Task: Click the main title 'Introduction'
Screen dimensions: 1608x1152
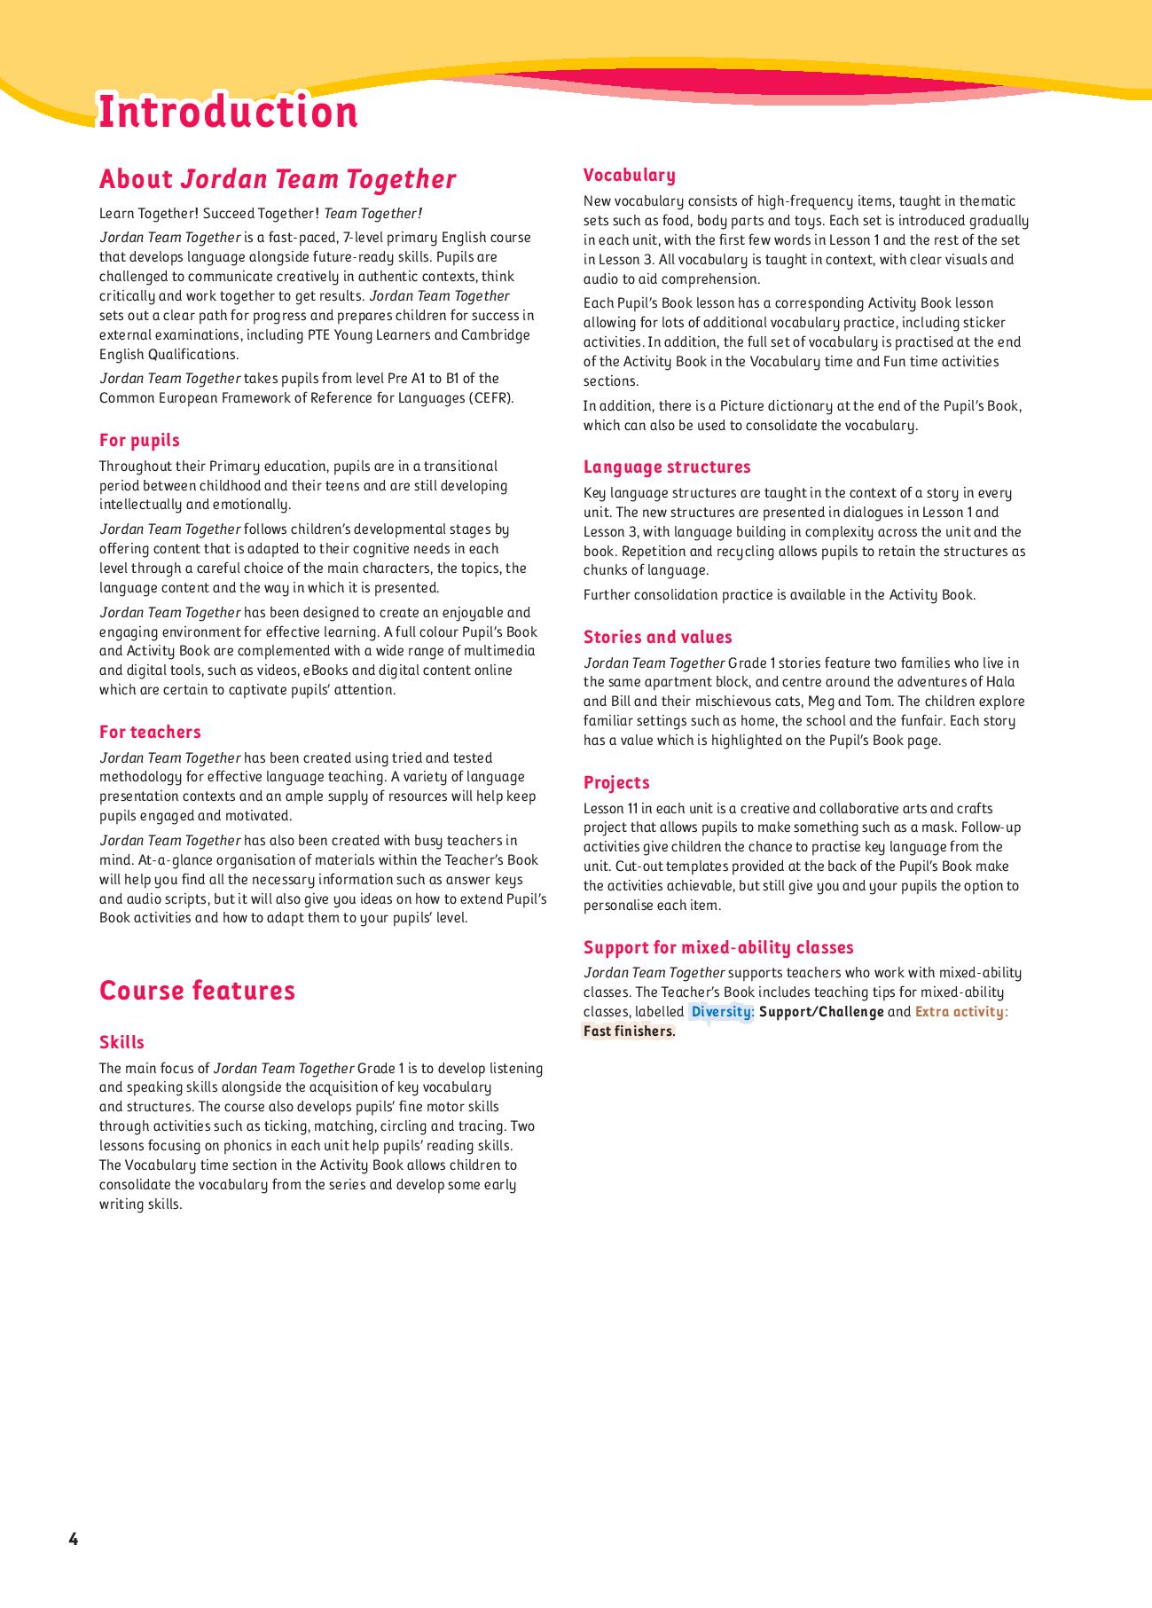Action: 228,113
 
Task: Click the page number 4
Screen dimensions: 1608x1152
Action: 74,1540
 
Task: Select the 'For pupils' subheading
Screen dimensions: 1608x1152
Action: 139,441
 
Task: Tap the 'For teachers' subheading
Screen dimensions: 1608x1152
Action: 150,733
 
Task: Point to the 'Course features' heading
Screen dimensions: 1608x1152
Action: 197,991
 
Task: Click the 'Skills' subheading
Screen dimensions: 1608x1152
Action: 121,1043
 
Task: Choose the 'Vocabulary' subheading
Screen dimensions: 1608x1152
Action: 630,176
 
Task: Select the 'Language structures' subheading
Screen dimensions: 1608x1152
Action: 667,467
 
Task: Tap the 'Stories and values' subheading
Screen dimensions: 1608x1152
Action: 658,638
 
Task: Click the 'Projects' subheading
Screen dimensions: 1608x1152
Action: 616,783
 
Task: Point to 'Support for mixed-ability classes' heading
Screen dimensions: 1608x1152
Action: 718,948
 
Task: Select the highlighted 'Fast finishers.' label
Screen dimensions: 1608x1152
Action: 629,1031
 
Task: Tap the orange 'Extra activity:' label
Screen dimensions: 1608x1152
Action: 961,1012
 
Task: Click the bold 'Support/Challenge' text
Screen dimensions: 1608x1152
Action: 821,1012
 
